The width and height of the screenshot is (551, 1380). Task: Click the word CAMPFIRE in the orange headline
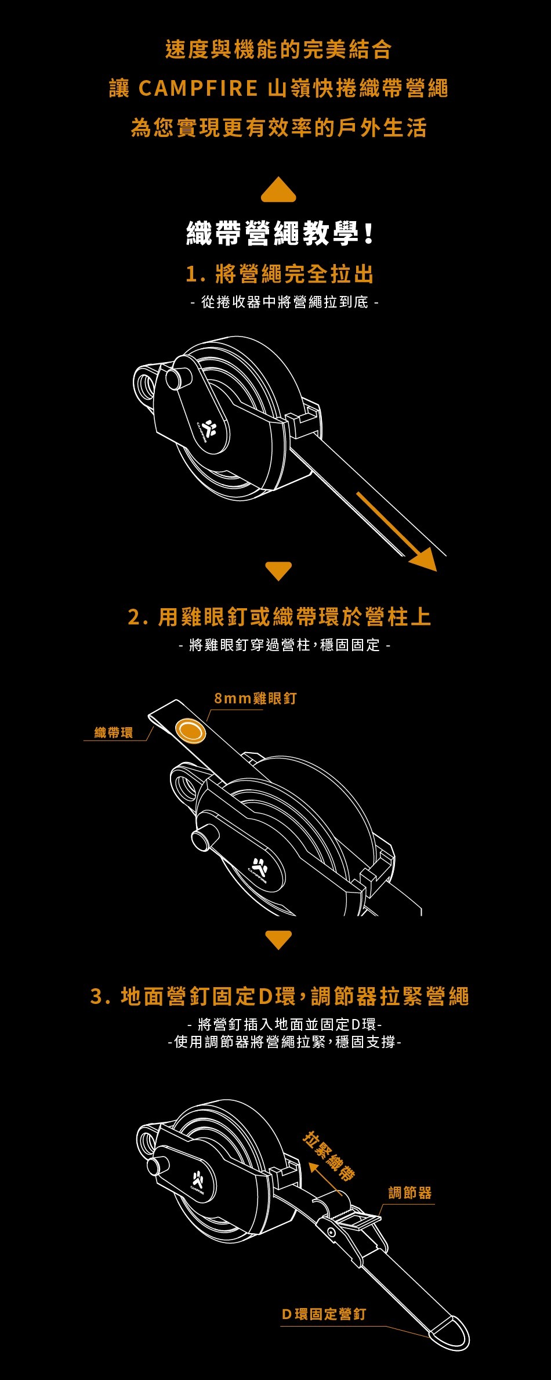point(198,89)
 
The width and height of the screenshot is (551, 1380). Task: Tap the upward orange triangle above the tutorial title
point(278,190)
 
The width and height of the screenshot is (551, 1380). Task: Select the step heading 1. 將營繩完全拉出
point(280,274)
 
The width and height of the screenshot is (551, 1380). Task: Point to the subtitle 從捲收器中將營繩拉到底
point(284,302)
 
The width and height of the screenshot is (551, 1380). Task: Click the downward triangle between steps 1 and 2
point(278,570)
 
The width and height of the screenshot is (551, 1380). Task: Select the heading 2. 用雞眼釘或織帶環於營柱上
point(280,617)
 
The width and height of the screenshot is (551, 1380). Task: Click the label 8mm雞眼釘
point(255,698)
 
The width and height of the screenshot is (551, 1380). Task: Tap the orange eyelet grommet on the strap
point(191,730)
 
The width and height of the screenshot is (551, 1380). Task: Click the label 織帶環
point(114,732)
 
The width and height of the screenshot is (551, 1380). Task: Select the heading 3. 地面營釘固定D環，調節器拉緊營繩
point(280,996)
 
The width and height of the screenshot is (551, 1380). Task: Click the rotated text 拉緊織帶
point(329,1157)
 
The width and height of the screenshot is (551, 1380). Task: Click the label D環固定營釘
point(324,1314)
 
